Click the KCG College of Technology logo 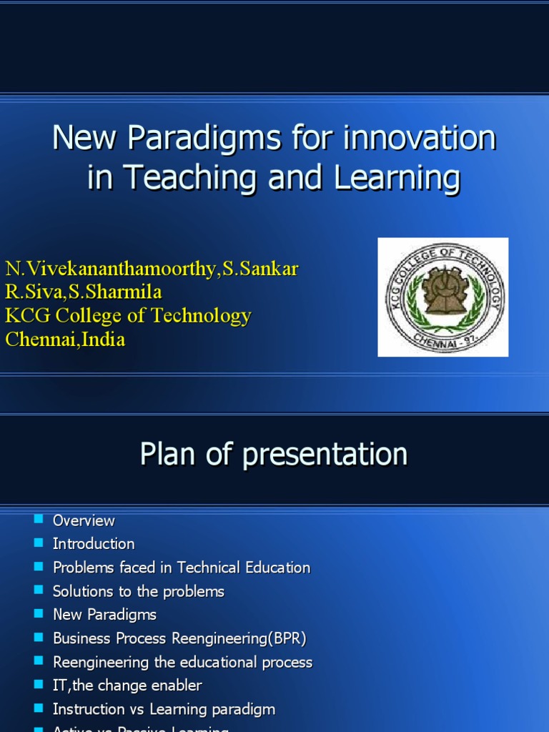point(442,297)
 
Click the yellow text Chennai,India point(65,340)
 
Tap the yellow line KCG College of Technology point(129,316)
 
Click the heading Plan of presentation point(274,454)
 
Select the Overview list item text point(84,520)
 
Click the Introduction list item point(94,544)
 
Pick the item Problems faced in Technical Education point(182,568)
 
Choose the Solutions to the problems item point(139,591)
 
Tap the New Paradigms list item point(104,615)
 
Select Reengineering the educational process point(182,662)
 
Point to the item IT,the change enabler point(127,686)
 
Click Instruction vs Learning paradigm point(164,709)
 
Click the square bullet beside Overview point(39,519)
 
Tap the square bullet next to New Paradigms point(39,613)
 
